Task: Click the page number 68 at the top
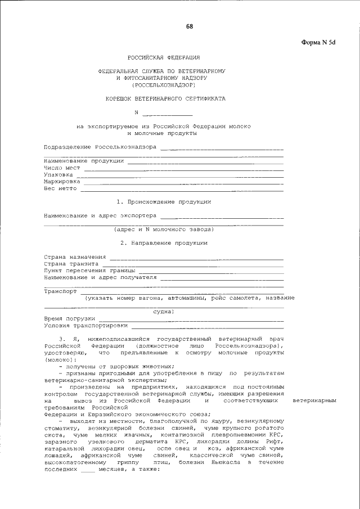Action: (190, 26)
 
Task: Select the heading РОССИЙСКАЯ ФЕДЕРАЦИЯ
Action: (163, 58)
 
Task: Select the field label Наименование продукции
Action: (84, 161)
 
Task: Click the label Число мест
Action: (61, 168)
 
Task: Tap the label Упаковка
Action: (58, 174)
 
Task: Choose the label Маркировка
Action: (62, 182)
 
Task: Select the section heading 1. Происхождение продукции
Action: (164, 201)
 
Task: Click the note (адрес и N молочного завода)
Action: (163, 229)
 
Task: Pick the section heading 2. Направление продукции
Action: (164, 243)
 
